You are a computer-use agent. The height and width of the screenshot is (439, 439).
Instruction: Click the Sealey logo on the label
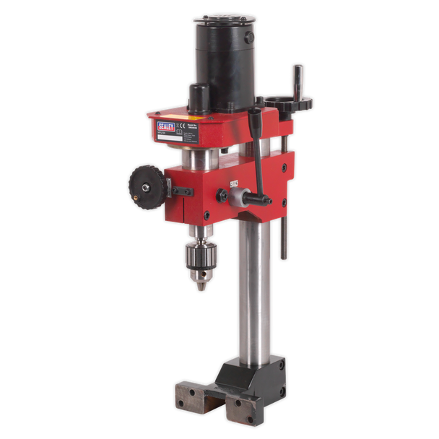(166, 127)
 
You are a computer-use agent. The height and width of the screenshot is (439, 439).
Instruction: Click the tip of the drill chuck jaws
(200, 287)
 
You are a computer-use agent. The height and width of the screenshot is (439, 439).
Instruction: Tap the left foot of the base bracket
(189, 396)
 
